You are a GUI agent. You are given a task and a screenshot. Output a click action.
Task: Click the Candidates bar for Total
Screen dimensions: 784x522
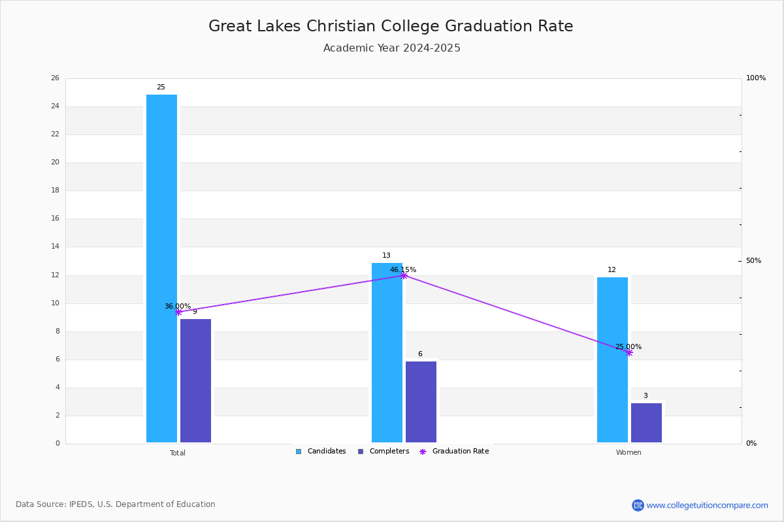click(x=162, y=269)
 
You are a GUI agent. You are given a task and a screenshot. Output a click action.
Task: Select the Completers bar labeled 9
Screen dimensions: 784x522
click(x=195, y=381)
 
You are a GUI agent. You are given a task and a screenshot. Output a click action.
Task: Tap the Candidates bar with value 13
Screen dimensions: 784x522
click(x=387, y=353)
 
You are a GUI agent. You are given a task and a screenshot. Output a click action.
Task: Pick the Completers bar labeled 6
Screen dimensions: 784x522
click(x=421, y=402)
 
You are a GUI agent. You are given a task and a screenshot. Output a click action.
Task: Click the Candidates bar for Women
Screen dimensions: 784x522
click(x=613, y=360)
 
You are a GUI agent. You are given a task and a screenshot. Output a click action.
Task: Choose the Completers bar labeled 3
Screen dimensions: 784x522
click(x=646, y=423)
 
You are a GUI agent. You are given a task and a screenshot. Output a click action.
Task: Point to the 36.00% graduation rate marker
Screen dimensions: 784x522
click(x=178, y=312)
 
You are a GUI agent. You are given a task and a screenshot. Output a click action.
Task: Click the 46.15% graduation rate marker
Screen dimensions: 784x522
click(x=404, y=276)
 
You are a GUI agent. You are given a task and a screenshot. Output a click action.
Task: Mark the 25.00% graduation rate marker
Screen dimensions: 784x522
click(x=629, y=352)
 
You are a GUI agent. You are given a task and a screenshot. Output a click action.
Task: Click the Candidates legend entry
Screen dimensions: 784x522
click(x=321, y=452)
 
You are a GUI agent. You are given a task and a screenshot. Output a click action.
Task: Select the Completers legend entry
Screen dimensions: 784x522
click(x=384, y=452)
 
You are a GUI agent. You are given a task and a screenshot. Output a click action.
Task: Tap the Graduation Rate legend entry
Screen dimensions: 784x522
click(x=454, y=452)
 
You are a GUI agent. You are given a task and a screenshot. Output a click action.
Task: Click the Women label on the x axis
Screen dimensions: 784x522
click(x=629, y=452)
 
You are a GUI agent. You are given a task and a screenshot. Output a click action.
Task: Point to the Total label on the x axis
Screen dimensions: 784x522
click(x=178, y=453)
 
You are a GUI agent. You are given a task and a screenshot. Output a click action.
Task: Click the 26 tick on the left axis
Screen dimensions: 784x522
click(x=56, y=78)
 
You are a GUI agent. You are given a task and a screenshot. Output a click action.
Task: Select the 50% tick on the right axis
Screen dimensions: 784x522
click(x=753, y=261)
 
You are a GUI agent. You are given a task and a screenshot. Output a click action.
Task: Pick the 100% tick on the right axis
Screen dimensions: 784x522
click(x=756, y=78)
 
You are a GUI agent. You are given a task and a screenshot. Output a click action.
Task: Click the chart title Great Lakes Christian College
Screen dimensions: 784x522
click(x=324, y=26)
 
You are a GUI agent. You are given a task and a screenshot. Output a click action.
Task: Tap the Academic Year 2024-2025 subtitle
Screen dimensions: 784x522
click(x=391, y=48)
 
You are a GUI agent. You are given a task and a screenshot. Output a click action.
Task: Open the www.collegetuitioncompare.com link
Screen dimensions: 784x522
click(x=707, y=505)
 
